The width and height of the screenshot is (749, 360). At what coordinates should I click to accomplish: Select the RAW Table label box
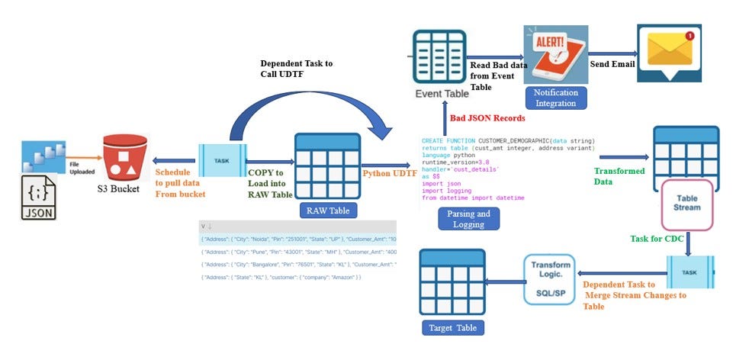[327, 211]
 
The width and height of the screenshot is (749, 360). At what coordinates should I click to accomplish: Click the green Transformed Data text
[619, 177]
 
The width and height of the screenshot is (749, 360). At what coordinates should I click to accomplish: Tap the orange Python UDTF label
[389, 174]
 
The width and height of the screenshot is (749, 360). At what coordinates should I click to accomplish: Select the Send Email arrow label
[612, 64]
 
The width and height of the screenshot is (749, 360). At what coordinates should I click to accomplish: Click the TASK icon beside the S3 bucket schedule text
[221, 162]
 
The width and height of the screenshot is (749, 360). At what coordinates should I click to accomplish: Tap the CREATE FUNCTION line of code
[507, 141]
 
